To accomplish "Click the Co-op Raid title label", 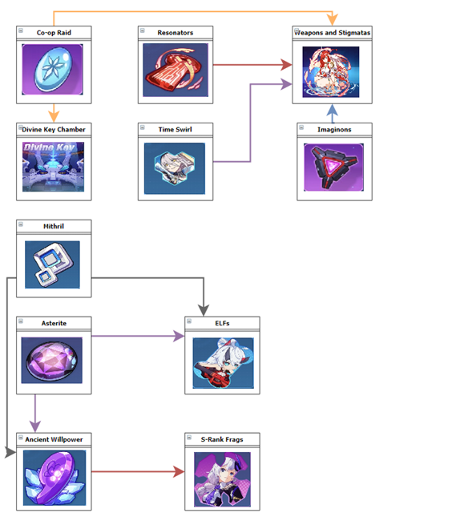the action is pyautogui.click(x=54, y=33).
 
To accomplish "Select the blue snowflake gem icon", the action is pyautogui.click(x=53, y=69).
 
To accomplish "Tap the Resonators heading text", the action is pyautogui.click(x=175, y=33).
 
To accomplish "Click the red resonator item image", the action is pyautogui.click(x=176, y=70).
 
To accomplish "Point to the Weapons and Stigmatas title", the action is pyautogui.click(x=333, y=33).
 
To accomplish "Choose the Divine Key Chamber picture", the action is pyautogui.click(x=53, y=167).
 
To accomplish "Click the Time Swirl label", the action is pyautogui.click(x=175, y=129).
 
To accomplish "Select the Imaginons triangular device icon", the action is pyautogui.click(x=333, y=167).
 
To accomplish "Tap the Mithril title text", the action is pyautogui.click(x=54, y=226).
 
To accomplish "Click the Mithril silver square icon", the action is pyautogui.click(x=52, y=265).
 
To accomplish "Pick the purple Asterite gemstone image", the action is pyautogui.click(x=51, y=360).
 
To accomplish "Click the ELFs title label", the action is pyautogui.click(x=222, y=323).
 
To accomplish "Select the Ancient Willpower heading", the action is pyautogui.click(x=54, y=439).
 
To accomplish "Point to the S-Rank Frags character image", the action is pyautogui.click(x=222, y=479).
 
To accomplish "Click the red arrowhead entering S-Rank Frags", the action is pyautogui.click(x=180, y=472).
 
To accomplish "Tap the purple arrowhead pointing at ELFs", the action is pyautogui.click(x=180, y=336).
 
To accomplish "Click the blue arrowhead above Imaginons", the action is pyautogui.click(x=332, y=110).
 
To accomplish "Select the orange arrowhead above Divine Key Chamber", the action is pyautogui.click(x=54, y=117).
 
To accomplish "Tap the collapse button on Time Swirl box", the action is pyautogui.click(x=143, y=127).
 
